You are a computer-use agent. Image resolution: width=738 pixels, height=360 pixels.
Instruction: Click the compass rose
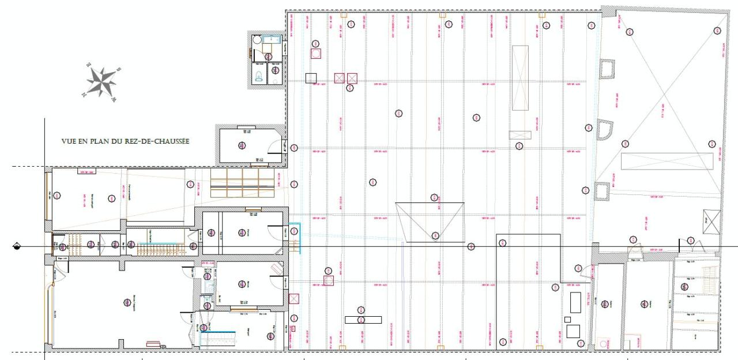pyautogui.click(x=101, y=82)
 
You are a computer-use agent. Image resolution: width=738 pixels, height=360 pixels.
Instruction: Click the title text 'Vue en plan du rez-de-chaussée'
pyautogui.click(x=126, y=141)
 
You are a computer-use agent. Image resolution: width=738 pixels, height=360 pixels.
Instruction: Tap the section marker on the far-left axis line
pyautogui.click(x=17, y=247)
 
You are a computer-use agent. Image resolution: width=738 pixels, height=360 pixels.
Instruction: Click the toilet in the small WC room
pyautogui.click(x=258, y=78)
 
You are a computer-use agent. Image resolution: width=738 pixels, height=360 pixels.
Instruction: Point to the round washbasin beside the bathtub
pyautogui.click(x=257, y=40)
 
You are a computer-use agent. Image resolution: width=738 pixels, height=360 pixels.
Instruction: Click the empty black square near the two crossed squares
pyautogui.click(x=311, y=78)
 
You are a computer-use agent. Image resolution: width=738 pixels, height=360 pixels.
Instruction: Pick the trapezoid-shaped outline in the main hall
pyautogui.click(x=430, y=222)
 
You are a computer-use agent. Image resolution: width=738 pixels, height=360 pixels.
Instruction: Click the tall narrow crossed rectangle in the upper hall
pyautogui.click(x=520, y=78)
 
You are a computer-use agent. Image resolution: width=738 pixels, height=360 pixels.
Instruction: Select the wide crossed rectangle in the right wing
pyautogui.click(x=667, y=162)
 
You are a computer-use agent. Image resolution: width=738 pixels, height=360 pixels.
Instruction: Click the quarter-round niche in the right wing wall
pyautogui.click(x=605, y=130)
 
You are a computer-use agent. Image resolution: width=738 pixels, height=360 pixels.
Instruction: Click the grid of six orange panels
pyautogui.click(x=242, y=182)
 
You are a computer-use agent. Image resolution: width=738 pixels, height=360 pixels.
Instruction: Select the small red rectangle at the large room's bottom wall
pyautogui.click(x=153, y=344)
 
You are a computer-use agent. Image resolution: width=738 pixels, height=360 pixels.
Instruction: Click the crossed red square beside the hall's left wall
pyautogui.click(x=294, y=299)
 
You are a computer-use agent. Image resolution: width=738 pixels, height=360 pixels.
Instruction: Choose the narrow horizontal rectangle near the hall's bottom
pyautogui.click(x=363, y=320)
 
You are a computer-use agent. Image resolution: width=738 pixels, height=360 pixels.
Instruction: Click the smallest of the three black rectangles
pyautogui.click(x=568, y=319)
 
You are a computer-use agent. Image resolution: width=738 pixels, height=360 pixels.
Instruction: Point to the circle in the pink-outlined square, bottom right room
pyautogui.click(x=604, y=343)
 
